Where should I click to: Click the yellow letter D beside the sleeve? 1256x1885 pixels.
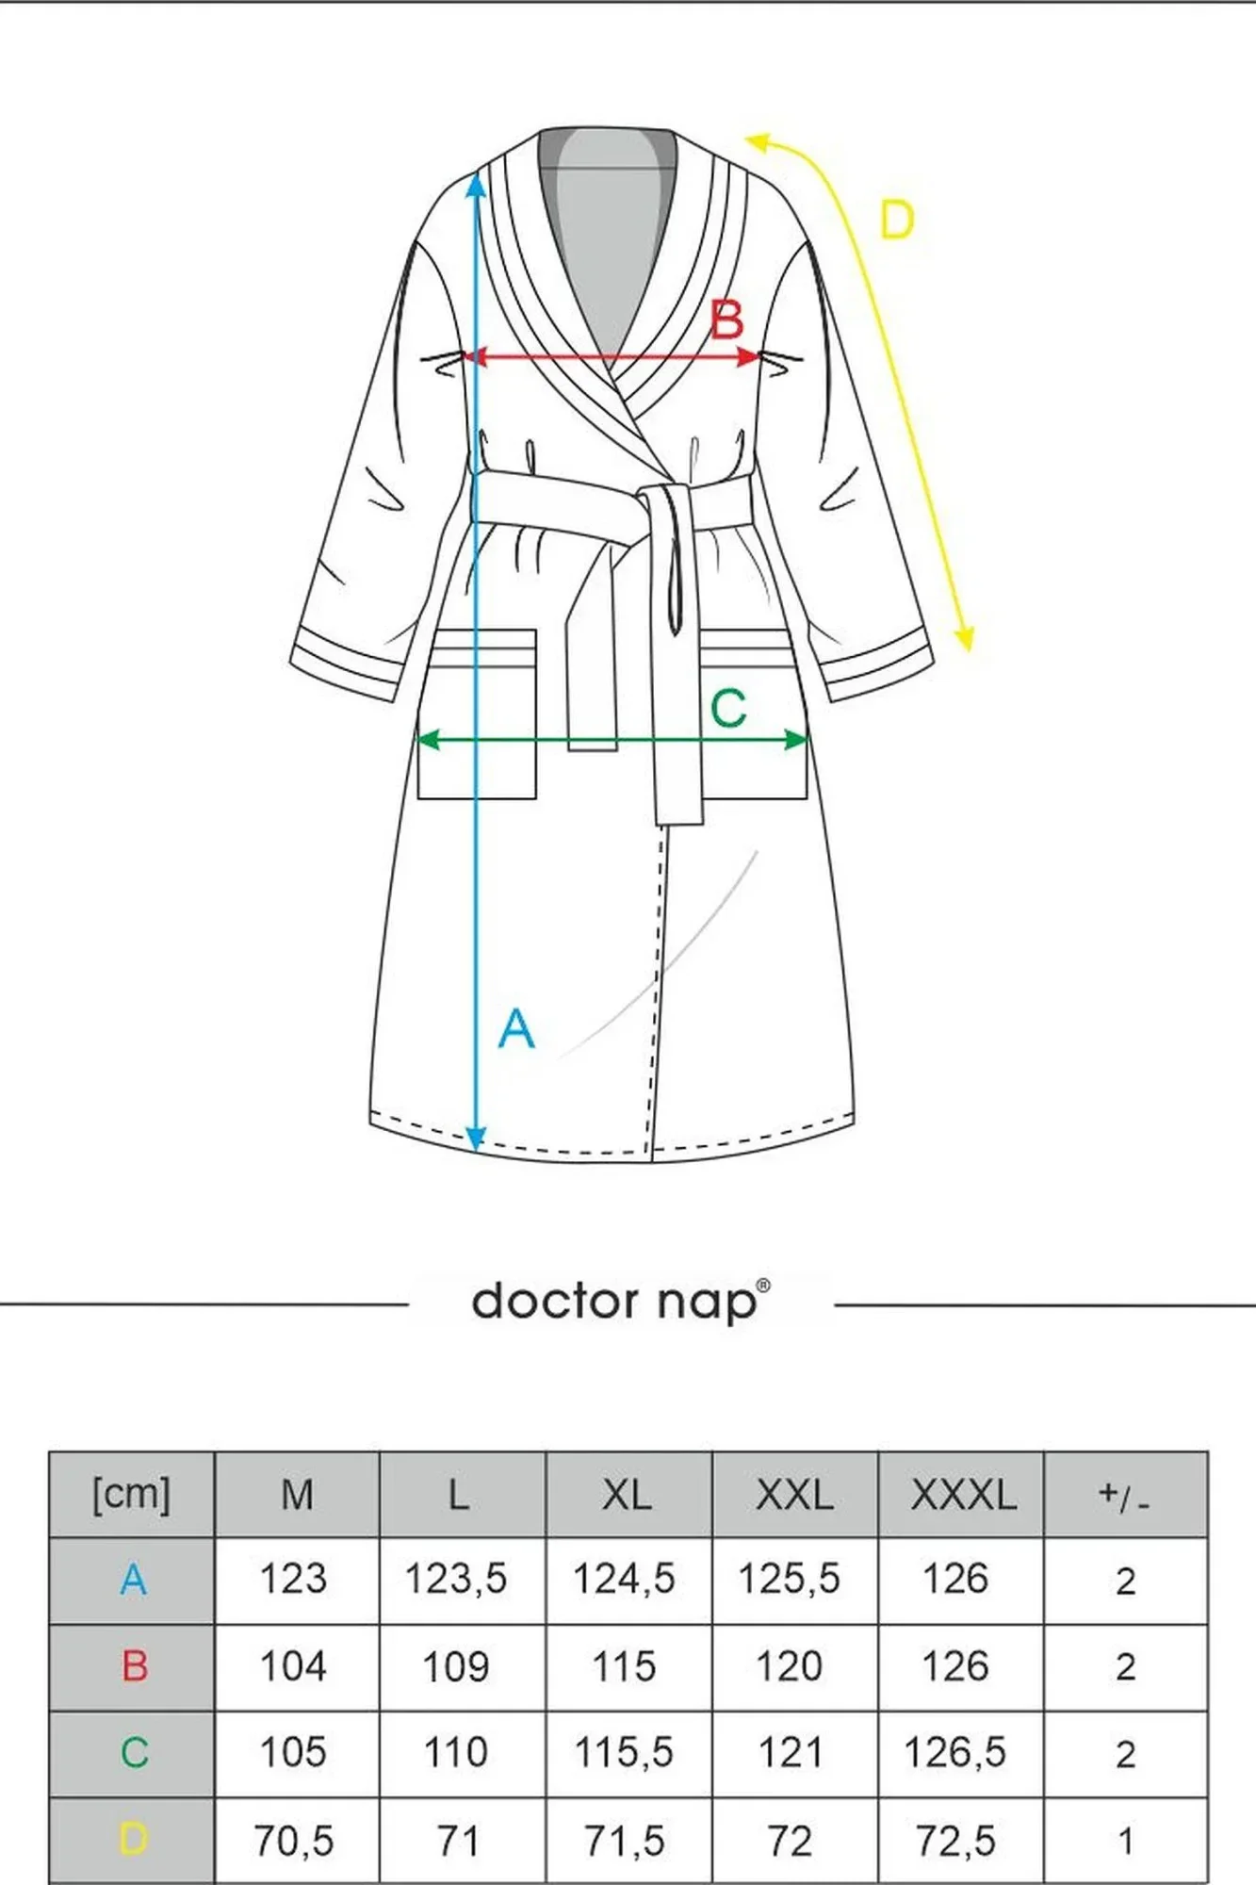(x=896, y=221)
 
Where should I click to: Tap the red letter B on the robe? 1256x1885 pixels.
(x=726, y=320)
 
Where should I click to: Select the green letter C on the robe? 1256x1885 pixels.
(x=728, y=709)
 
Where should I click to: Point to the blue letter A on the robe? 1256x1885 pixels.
(x=516, y=1028)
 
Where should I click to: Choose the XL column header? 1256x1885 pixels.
(x=627, y=1495)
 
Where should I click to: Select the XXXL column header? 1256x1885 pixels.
(x=962, y=1495)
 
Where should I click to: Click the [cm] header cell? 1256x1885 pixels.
(x=132, y=1495)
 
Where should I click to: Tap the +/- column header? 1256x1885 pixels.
(x=1124, y=1496)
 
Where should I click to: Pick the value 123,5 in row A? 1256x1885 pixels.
(x=455, y=1579)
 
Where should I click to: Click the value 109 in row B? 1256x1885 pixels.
(x=455, y=1666)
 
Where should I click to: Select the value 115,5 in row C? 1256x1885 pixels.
(x=624, y=1753)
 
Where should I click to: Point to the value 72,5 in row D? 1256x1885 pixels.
(x=955, y=1841)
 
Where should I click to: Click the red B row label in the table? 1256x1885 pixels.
(x=135, y=1666)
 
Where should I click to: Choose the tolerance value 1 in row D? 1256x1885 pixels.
(x=1125, y=1842)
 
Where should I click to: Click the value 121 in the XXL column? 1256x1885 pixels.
(x=790, y=1753)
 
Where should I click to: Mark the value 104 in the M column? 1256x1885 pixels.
(x=293, y=1666)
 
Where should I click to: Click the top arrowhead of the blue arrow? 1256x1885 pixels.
(x=477, y=187)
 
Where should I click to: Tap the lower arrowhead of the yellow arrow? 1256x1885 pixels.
(x=963, y=639)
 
